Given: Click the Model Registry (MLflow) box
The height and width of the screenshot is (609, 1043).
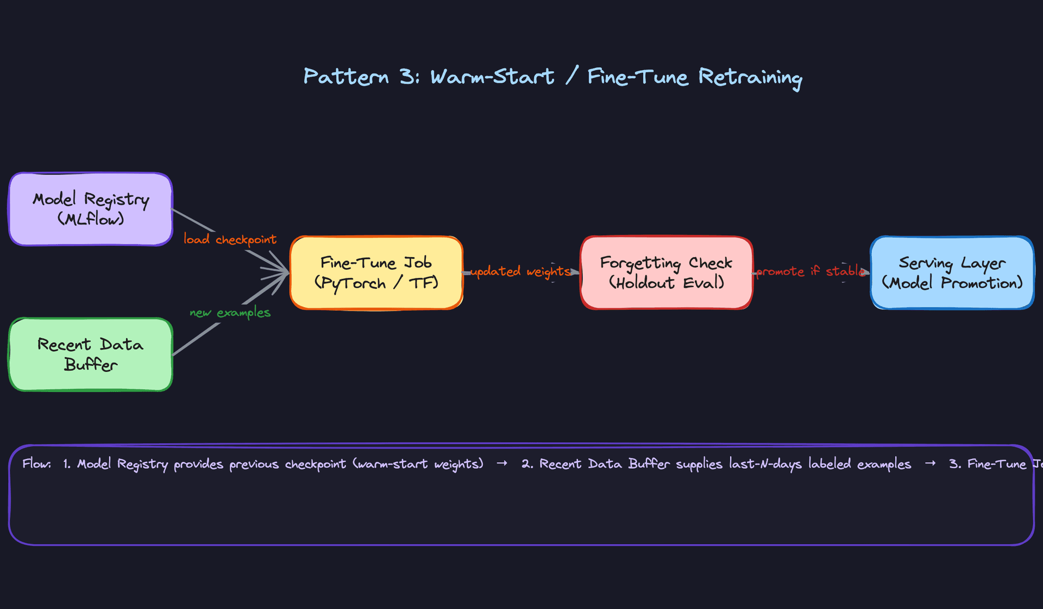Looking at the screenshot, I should click(x=91, y=209).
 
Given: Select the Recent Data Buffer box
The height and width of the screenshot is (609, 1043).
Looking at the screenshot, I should click(x=91, y=355).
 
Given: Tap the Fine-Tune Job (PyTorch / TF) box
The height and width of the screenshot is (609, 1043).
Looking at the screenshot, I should click(x=376, y=273).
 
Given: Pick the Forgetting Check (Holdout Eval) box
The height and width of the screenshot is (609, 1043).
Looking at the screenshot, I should click(x=667, y=273).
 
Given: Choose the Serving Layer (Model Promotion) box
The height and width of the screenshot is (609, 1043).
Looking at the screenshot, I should click(x=952, y=273).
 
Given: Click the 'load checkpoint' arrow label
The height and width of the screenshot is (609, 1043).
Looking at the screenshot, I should click(x=230, y=239).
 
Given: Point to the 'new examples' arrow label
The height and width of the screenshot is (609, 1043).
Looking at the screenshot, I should click(x=230, y=313).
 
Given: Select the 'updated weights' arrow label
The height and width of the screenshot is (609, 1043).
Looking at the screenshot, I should click(x=520, y=271).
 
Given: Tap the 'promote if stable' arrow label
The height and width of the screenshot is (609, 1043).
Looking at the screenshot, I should click(x=810, y=271).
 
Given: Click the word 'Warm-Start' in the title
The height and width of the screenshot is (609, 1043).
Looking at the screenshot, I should click(x=492, y=77).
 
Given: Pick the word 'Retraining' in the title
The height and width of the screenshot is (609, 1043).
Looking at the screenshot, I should click(x=750, y=78).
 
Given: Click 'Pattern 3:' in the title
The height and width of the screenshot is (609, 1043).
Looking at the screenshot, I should click(x=361, y=77).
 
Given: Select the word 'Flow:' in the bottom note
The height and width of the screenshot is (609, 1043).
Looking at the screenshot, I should click(x=37, y=464).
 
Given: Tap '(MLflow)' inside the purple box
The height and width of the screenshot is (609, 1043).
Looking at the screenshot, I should click(x=91, y=219).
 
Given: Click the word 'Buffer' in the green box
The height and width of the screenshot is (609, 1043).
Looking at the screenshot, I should click(x=91, y=364).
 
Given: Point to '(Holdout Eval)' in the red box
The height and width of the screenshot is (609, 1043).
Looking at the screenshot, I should click(x=667, y=283).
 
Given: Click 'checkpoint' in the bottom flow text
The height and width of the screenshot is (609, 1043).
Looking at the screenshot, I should click(x=315, y=464).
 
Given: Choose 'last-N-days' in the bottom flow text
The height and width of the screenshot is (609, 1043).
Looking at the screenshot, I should click(x=765, y=464).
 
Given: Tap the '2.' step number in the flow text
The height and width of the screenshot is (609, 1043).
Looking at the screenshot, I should click(x=527, y=464).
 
